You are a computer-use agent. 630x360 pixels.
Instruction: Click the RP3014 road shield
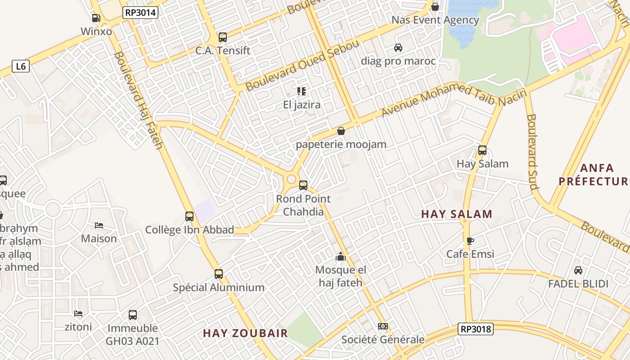click(x=140, y=13)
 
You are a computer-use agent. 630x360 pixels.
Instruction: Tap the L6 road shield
click(x=21, y=67)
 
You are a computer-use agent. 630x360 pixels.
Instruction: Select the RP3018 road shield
click(x=476, y=329)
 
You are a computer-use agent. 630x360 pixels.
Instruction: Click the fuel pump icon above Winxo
click(x=96, y=18)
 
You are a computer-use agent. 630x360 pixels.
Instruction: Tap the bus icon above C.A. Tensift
click(x=222, y=37)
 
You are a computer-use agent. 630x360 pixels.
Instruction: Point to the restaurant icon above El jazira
click(x=301, y=92)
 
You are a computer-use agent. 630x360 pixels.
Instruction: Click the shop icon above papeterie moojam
click(x=341, y=131)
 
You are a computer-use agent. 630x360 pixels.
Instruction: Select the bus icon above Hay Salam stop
click(x=482, y=150)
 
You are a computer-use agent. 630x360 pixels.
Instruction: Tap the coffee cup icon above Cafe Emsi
click(x=470, y=241)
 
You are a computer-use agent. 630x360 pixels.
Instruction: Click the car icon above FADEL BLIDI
click(x=578, y=270)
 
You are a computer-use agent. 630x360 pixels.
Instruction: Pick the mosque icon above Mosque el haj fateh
click(x=341, y=257)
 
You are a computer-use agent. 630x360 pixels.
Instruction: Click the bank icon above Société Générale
click(x=383, y=326)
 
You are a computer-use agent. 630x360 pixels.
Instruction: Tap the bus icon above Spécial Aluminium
click(x=219, y=274)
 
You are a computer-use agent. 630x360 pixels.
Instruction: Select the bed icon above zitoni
click(x=78, y=313)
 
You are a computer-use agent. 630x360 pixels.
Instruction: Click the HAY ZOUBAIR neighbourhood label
click(x=245, y=333)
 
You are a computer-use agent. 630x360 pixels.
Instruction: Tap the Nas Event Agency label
click(x=435, y=20)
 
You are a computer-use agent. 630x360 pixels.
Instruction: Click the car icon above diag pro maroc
click(x=398, y=48)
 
